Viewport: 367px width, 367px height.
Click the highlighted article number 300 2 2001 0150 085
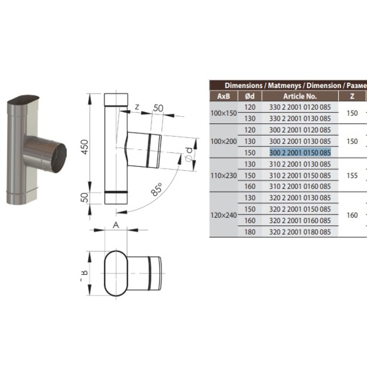coord(300,153)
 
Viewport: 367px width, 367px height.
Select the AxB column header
coord(224,96)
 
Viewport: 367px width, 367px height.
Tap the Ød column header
coord(250,96)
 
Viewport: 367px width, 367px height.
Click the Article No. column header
coord(300,96)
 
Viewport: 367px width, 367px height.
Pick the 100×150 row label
coord(224,113)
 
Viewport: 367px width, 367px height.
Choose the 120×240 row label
coord(224,215)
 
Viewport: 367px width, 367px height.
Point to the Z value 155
coord(352,176)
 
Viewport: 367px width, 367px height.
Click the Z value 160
coord(352,215)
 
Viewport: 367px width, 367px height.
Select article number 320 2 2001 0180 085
coord(300,232)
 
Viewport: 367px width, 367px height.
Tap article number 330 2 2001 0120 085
coord(300,107)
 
